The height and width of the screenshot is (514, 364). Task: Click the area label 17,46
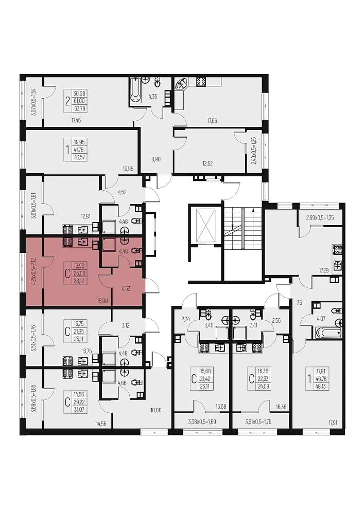point(76,121)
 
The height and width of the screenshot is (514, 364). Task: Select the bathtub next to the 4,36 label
point(135,91)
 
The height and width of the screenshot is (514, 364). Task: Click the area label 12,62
point(207,163)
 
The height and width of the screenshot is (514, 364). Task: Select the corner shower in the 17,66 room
point(180,84)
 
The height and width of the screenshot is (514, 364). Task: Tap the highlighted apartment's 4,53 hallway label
point(126,289)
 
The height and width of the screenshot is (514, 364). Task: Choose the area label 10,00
point(155,410)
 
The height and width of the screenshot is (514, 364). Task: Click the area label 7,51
point(300,302)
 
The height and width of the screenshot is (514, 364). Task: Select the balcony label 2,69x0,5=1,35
point(320,217)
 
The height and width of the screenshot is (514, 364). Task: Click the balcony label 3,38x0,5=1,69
point(202,421)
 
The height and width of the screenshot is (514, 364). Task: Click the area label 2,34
point(186,319)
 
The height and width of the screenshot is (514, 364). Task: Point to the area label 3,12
point(126,325)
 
